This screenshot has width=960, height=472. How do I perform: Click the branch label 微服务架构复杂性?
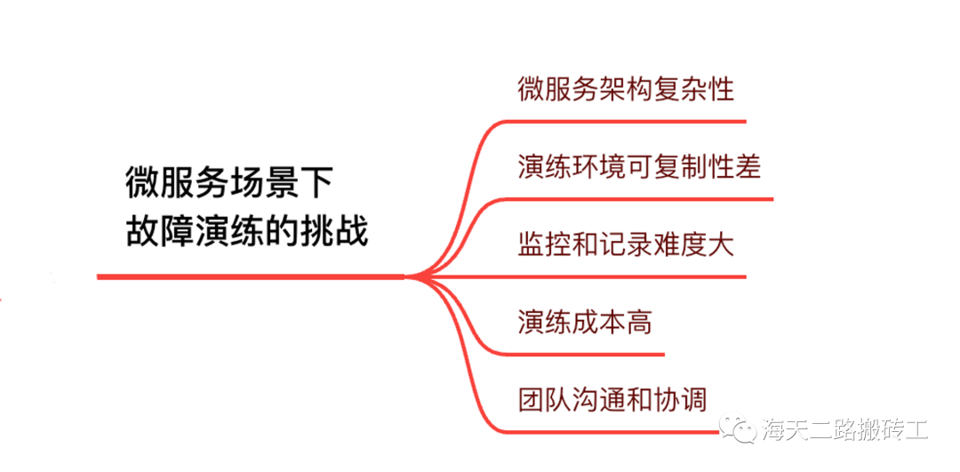click(626, 90)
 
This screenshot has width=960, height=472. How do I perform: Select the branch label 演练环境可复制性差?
click(639, 166)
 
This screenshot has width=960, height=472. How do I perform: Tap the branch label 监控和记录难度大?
click(626, 244)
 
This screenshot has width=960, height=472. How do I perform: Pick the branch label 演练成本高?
click(585, 321)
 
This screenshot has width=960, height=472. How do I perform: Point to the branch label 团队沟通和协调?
click(612, 398)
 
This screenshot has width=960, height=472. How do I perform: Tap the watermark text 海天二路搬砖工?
click(845, 430)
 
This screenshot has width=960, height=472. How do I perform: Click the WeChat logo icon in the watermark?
click(740, 429)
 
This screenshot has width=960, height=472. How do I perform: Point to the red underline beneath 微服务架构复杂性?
click(622, 121)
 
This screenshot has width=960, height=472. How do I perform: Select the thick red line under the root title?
click(249, 277)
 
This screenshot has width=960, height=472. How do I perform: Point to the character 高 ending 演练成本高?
click(639, 321)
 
